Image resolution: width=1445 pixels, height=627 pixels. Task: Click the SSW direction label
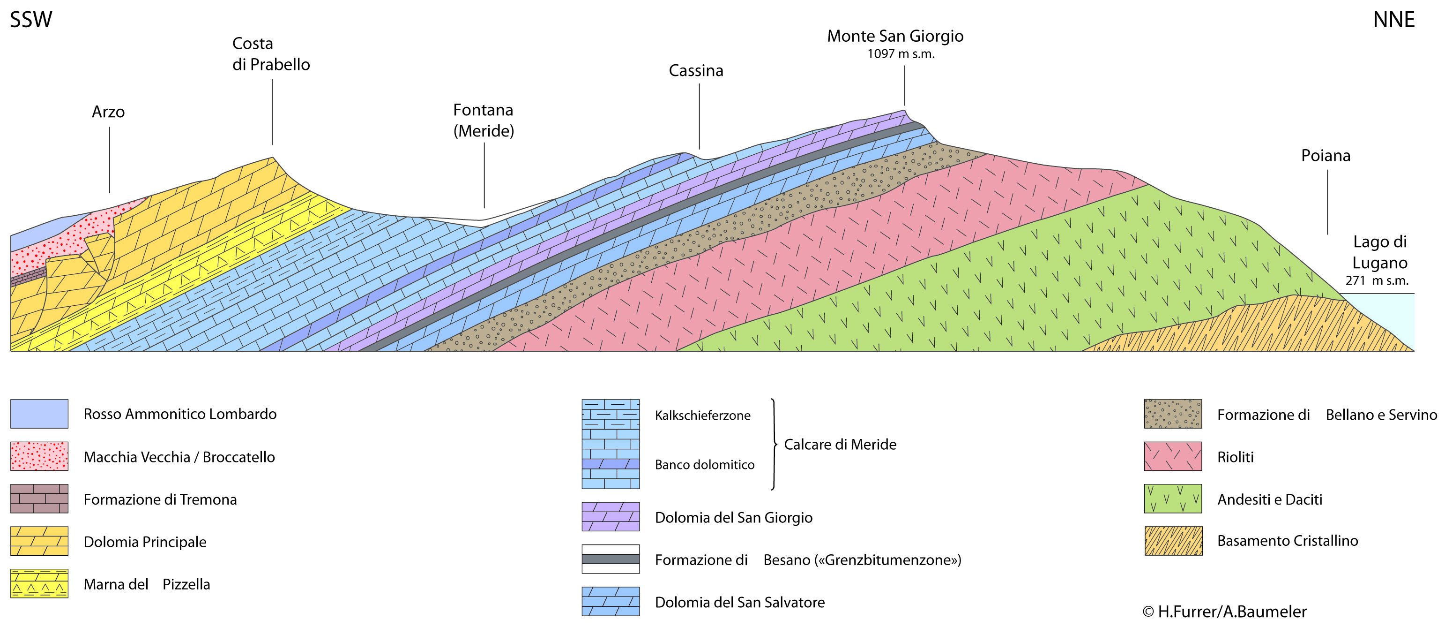(31, 20)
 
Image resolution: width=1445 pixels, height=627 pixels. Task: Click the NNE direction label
(1393, 20)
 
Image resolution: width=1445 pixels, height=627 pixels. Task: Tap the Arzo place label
(108, 112)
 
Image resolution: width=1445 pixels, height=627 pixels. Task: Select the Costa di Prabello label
(271, 54)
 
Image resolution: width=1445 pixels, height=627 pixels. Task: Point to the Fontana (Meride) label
(484, 120)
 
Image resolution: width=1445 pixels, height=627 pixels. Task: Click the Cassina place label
(696, 71)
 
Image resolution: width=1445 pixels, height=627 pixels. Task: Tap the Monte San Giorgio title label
(895, 36)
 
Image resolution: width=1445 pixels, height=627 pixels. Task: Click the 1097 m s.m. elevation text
(901, 54)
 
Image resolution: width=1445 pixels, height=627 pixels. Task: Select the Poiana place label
(1326, 156)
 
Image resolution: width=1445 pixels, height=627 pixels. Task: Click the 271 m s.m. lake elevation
(1377, 280)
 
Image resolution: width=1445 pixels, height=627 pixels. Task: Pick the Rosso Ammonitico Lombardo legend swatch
(39, 414)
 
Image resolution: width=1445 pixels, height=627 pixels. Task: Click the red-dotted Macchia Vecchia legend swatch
(39, 456)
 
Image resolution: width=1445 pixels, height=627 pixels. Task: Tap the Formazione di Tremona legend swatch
(39, 499)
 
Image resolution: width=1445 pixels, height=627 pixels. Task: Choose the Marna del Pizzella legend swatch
(39, 583)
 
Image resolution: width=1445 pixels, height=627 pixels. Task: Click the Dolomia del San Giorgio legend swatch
(611, 516)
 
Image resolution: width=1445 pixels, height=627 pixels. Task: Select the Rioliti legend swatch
(1172, 456)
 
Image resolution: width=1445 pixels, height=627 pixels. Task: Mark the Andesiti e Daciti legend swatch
(1172, 499)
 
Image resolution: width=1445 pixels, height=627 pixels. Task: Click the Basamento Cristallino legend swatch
(1173, 541)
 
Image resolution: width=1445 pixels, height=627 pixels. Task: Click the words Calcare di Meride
(840, 444)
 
